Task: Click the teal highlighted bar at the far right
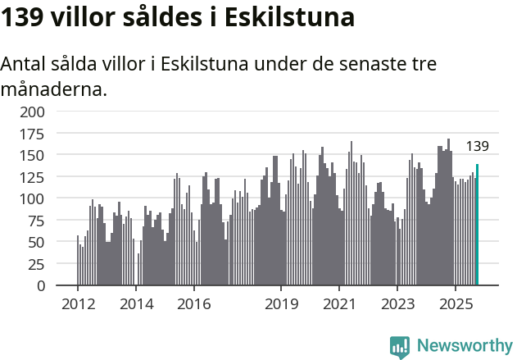tap(477, 226)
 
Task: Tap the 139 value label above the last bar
tap(477, 147)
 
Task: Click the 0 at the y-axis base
tap(40, 286)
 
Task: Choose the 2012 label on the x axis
tap(78, 304)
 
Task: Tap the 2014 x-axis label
tap(136, 304)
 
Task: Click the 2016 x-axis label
tap(193, 304)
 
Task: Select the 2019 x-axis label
tap(281, 304)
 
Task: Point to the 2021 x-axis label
tap(339, 304)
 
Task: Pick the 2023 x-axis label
tap(397, 304)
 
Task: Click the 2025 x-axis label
tap(455, 304)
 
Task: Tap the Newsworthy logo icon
tap(400, 347)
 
